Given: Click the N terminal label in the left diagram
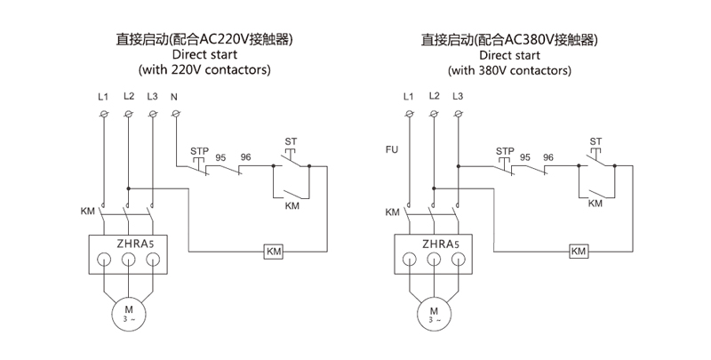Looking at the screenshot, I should pyautogui.click(x=174, y=95).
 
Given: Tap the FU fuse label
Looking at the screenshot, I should pyautogui.click(x=391, y=150).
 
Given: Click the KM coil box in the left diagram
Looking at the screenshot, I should pyautogui.click(x=274, y=252).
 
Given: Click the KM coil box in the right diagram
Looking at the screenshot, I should pyautogui.click(x=579, y=252).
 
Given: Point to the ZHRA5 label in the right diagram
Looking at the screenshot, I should pyautogui.click(x=435, y=242).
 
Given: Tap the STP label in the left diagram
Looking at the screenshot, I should pyautogui.click(x=199, y=151).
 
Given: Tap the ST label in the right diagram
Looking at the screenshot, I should pyautogui.click(x=595, y=141).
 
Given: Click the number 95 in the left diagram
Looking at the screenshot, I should pyautogui.click(x=220, y=156).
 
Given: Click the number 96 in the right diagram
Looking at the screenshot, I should pyautogui.click(x=548, y=156).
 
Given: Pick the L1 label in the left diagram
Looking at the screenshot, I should pyautogui.click(x=102, y=95).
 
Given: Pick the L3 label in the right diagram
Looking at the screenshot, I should pyautogui.click(x=458, y=95).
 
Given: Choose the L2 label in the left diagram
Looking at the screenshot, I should pyautogui.click(x=129, y=95).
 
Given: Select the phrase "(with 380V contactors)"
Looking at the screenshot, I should pyautogui.click(x=508, y=68).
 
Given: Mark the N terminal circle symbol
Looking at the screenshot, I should pyautogui.click(x=175, y=115).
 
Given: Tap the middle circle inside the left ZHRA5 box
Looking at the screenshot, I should pyautogui.click(x=128, y=260).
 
